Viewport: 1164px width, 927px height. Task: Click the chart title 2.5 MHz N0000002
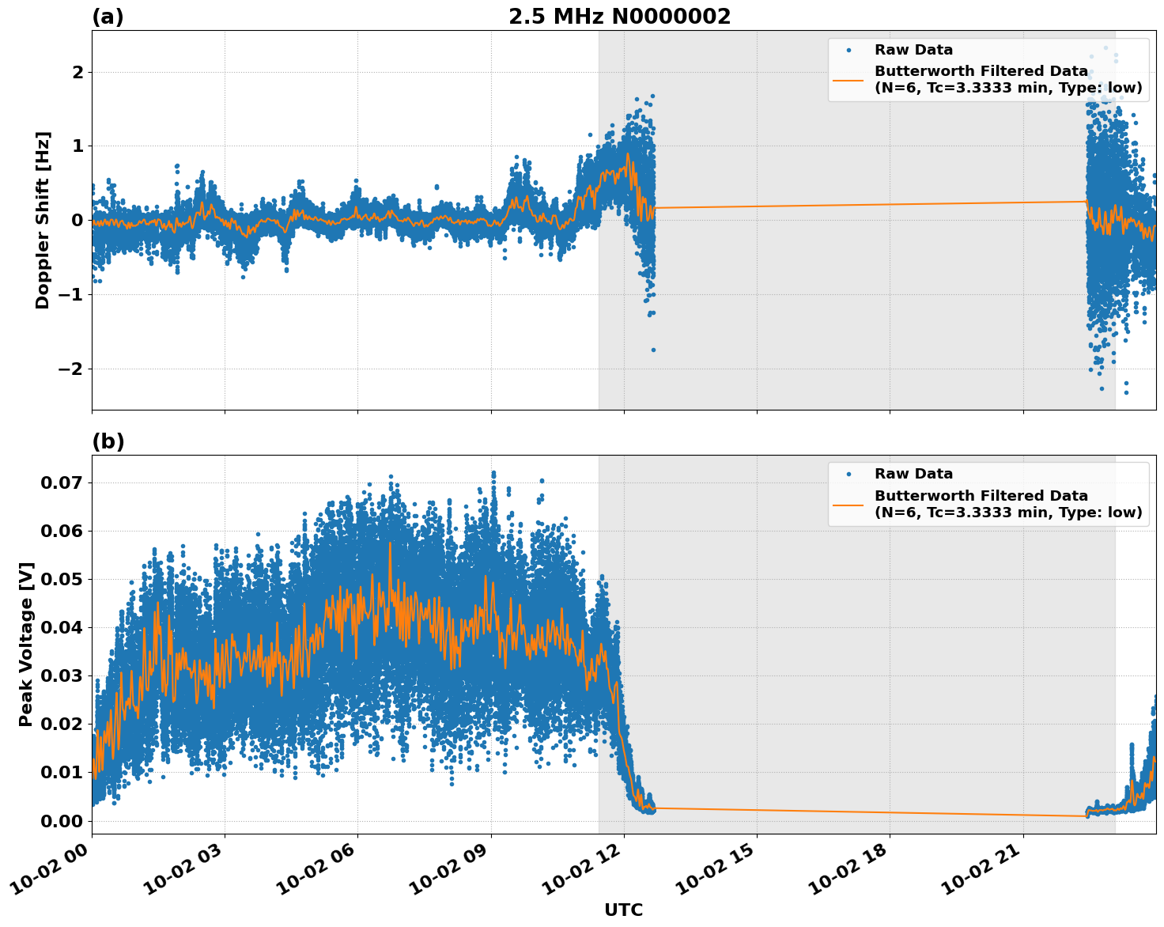coord(619,17)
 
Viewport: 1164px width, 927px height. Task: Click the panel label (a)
coord(108,17)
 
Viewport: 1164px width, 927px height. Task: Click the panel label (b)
coord(108,441)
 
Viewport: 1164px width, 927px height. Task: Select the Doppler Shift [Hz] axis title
coord(43,220)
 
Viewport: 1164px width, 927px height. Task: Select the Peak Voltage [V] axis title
coord(26,644)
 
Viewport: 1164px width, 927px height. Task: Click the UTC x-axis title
coord(623,910)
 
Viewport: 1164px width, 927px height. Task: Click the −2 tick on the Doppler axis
coord(70,369)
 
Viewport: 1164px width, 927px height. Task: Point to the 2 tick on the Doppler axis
coord(77,72)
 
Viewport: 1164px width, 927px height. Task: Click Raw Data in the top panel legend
coord(913,50)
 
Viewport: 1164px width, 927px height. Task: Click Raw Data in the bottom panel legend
coord(913,474)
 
